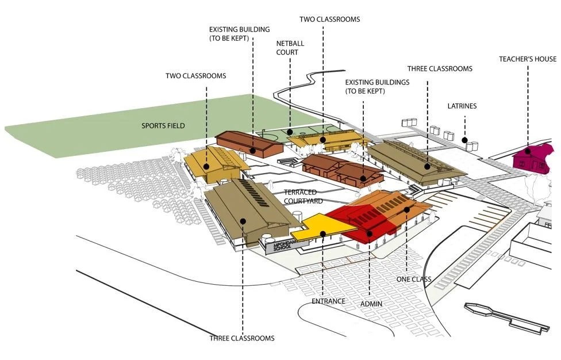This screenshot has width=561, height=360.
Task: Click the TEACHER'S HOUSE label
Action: [x=527, y=59]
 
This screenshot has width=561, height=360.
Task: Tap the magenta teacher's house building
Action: [x=533, y=159]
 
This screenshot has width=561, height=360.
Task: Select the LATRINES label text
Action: [x=462, y=106]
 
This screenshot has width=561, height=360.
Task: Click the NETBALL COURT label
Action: [x=287, y=48]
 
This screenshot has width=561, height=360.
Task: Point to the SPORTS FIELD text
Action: [x=163, y=125]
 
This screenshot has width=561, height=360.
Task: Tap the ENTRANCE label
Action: [x=328, y=301]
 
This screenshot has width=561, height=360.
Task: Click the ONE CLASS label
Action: [x=414, y=279]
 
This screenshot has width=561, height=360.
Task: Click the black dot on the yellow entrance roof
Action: [x=324, y=233]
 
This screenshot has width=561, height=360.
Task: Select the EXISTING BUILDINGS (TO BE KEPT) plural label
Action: [x=377, y=87]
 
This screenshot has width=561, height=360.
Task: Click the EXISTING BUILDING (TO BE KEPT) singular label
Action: [x=239, y=34]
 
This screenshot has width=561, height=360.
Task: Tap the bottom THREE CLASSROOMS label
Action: [x=242, y=338]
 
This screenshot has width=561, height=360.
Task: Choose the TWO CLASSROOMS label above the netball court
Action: [x=329, y=20]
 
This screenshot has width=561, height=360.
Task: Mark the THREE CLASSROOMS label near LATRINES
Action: [x=440, y=69]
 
